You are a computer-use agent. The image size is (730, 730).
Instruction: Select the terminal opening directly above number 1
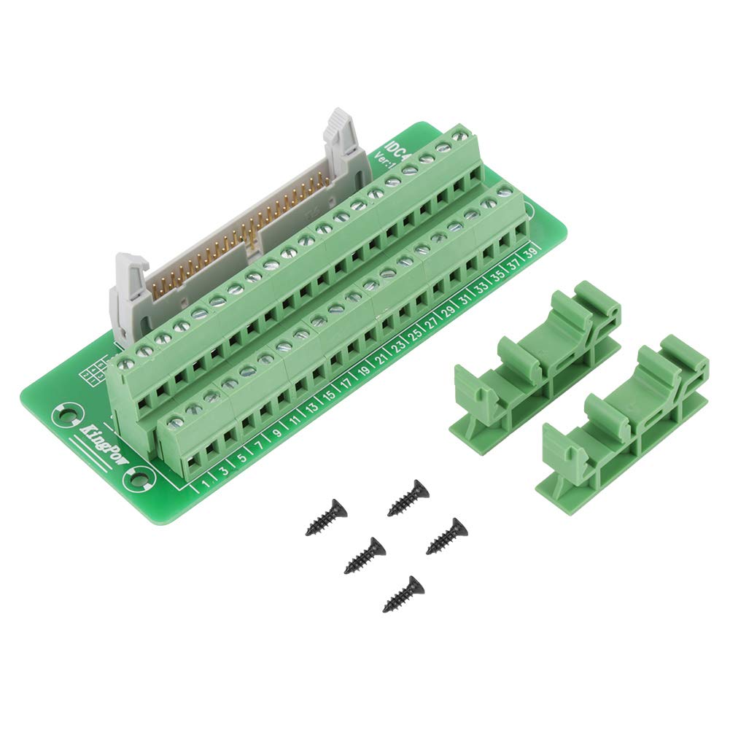coord(193,459)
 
